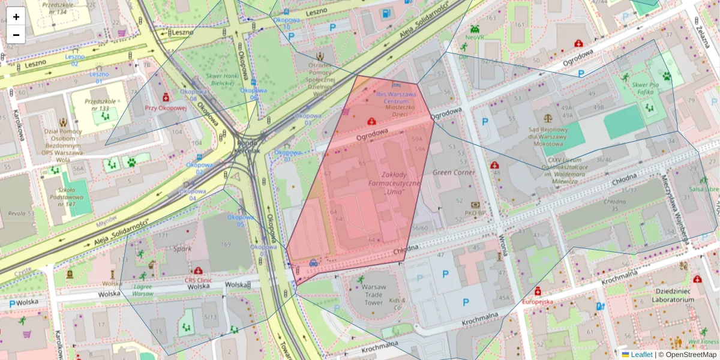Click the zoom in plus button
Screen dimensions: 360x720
tap(16, 17)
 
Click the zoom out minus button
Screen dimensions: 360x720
tap(16, 35)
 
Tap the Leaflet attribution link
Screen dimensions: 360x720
tap(641, 355)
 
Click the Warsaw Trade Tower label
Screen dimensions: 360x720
tap(373, 295)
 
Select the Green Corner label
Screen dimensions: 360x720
tap(454, 172)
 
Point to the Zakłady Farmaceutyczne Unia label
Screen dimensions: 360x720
tap(394, 182)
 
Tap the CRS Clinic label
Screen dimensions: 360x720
tap(199, 280)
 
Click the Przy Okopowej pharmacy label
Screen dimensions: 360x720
tap(166, 109)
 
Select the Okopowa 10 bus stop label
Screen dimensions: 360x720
tap(286, 23)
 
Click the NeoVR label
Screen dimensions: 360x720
tap(474, 37)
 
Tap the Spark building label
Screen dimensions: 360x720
tap(182, 248)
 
